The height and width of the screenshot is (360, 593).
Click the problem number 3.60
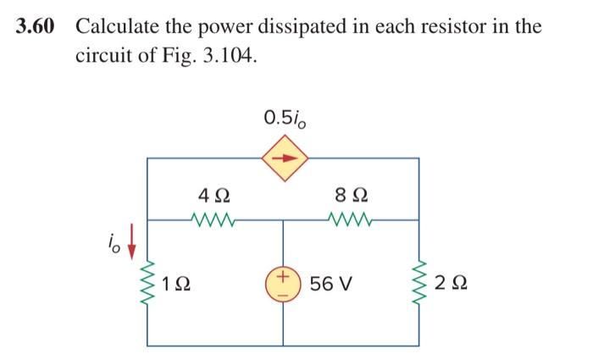pyautogui.click(x=36, y=26)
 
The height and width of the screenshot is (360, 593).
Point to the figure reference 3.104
pyautogui.click(x=227, y=58)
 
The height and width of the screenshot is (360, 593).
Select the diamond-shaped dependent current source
pyautogui.click(x=284, y=158)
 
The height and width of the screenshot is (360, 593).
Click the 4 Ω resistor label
pyautogui.click(x=210, y=195)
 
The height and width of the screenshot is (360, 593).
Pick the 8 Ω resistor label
pyautogui.click(x=350, y=195)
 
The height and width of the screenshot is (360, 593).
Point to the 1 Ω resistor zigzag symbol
pyautogui.click(x=147, y=280)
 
